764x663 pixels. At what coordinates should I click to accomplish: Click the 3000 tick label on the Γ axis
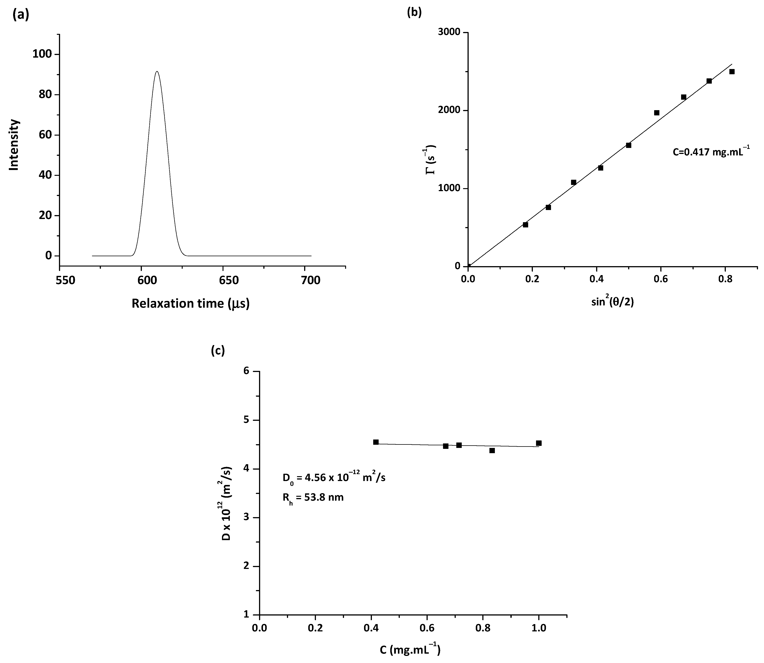pyautogui.click(x=449, y=33)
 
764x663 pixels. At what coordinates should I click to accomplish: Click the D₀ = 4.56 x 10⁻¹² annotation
pyautogui.click(x=334, y=478)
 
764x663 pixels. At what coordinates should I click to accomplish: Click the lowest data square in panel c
pyautogui.click(x=492, y=451)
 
